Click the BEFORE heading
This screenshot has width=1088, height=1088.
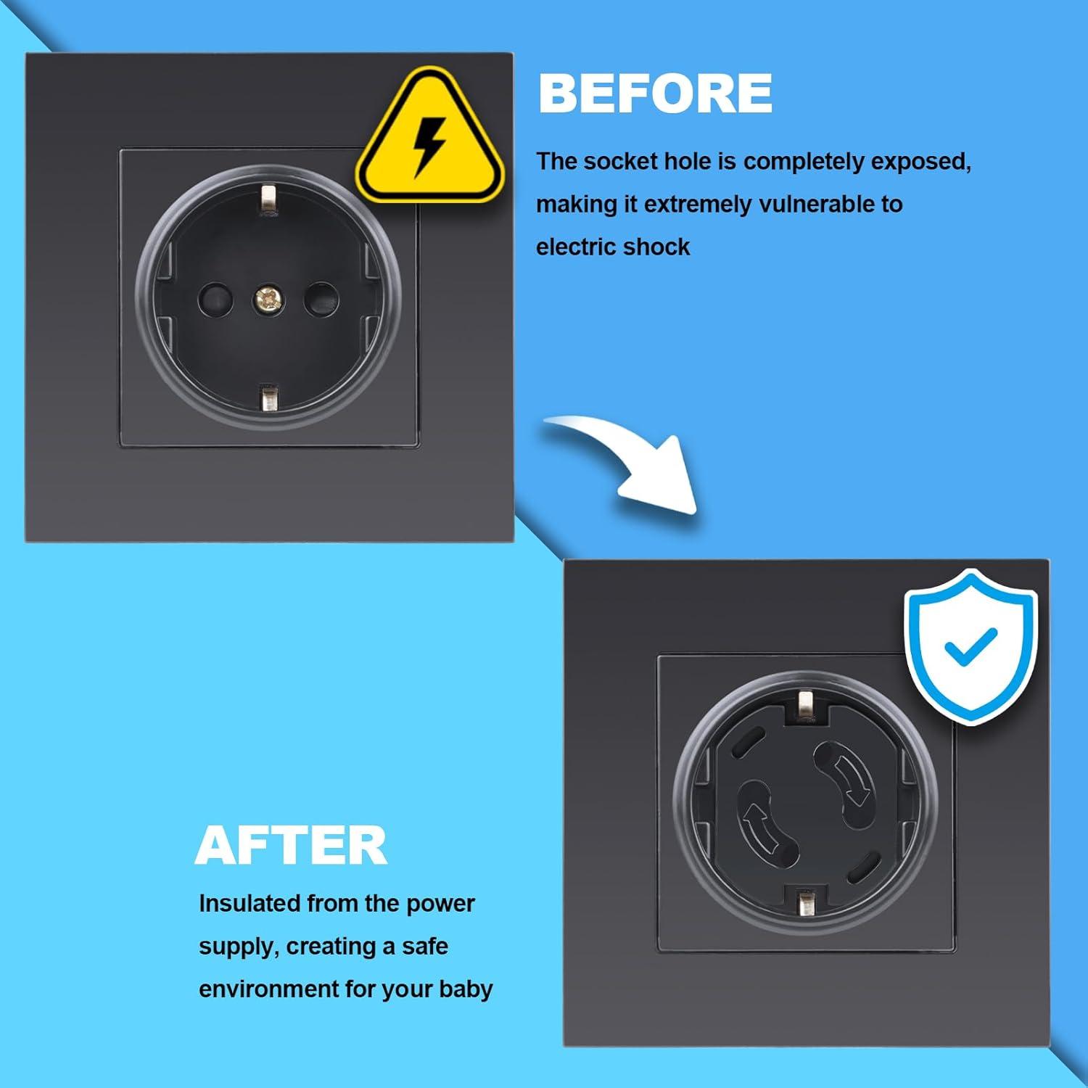tap(655, 94)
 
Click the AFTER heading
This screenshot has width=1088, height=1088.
tap(291, 846)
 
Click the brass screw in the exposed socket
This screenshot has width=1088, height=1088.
tap(267, 297)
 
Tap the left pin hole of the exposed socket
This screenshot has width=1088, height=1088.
tap(215, 297)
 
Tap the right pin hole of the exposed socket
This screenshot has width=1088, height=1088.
tap(321, 297)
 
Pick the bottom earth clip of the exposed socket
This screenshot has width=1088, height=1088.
tap(268, 398)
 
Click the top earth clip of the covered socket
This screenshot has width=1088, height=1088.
tap(804, 706)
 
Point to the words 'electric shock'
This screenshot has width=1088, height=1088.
tap(613, 247)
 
